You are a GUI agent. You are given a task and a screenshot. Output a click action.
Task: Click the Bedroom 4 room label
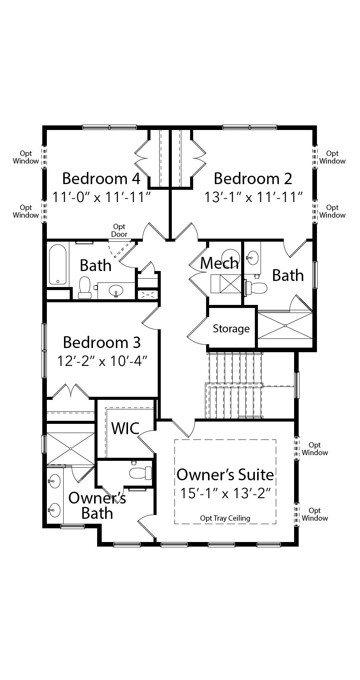[101, 178]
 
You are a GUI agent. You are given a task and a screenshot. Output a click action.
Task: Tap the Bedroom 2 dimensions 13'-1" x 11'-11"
[253, 197]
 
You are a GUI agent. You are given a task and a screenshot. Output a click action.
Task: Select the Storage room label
[231, 329]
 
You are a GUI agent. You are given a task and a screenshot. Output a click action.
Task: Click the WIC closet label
[125, 428]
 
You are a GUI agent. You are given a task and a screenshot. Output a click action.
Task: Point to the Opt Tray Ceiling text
[225, 518]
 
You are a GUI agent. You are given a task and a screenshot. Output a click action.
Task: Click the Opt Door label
[119, 231]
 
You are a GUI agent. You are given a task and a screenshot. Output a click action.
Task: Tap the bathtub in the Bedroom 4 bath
[58, 264]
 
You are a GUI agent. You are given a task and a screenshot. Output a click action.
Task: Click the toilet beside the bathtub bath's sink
[84, 287]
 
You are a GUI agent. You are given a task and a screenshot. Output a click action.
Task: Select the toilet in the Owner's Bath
[140, 473]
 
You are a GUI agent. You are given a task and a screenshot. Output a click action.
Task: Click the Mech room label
[219, 263]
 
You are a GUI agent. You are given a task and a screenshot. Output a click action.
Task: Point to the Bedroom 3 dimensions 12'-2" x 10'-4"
[102, 361]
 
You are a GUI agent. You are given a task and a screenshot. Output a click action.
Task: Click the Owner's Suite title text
[225, 475]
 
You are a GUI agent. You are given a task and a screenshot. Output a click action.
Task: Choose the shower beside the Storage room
[285, 326]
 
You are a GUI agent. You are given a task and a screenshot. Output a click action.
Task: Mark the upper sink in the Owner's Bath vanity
[54, 481]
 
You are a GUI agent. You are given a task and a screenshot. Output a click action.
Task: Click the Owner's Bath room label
[97, 505]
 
